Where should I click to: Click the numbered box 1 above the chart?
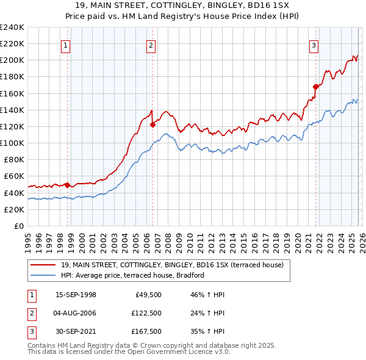[65, 45]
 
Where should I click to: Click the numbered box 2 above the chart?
[151, 45]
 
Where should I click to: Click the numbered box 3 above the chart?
[314, 45]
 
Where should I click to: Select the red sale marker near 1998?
[67, 185]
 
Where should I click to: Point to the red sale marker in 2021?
[316, 87]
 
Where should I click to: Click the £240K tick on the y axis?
[12, 27]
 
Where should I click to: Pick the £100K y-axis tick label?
[12, 143]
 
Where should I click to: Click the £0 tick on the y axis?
[18, 226]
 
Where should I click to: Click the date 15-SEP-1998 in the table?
[76, 295]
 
